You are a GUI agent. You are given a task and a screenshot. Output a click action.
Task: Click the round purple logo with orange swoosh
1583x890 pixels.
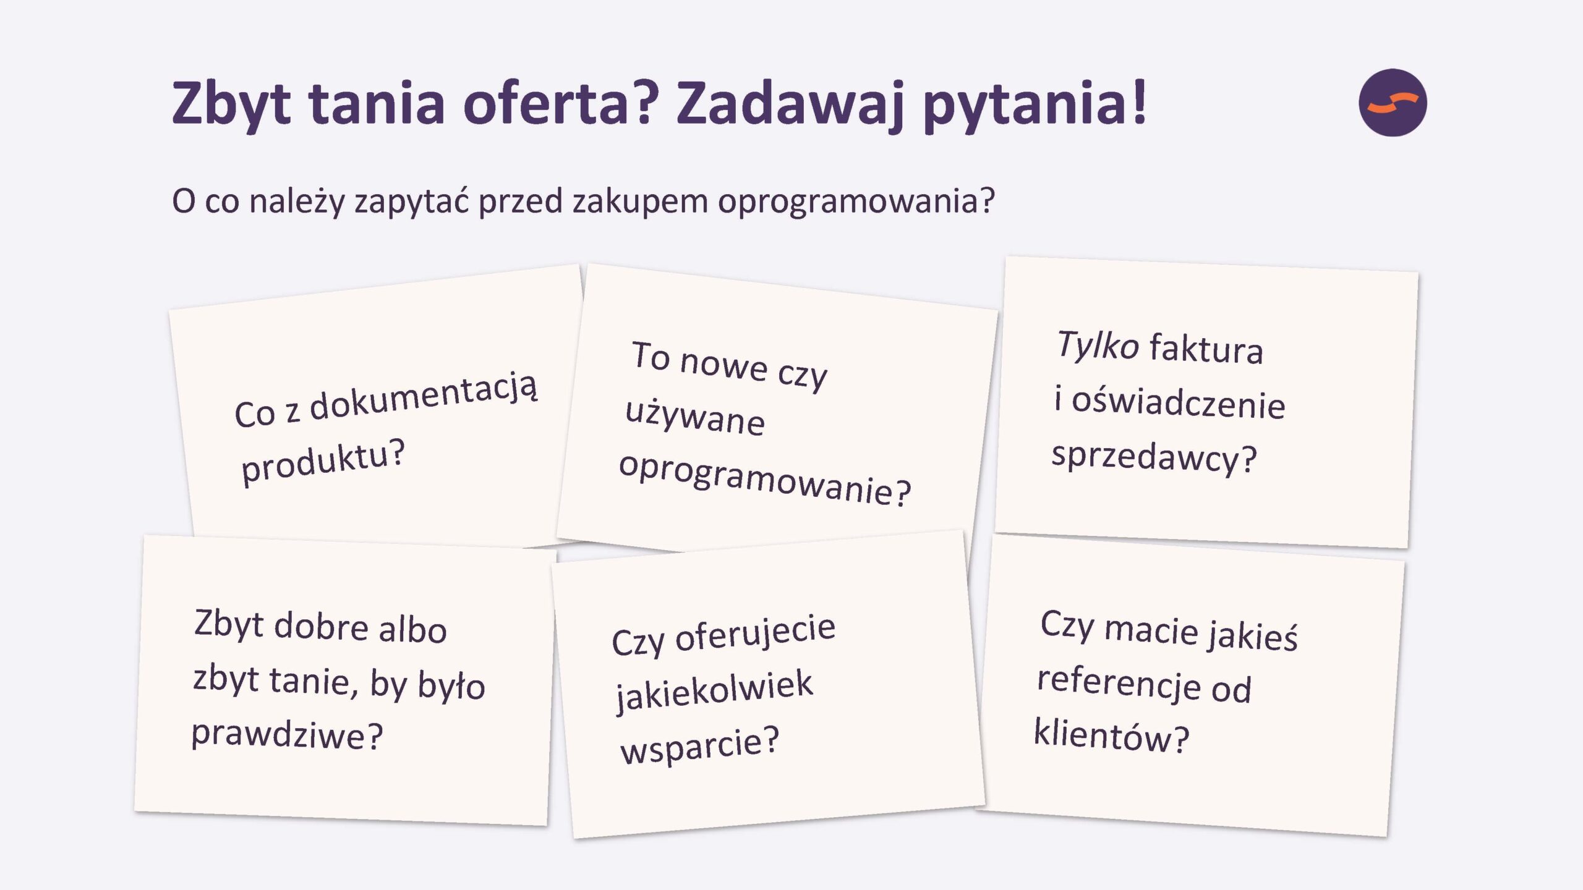(1393, 103)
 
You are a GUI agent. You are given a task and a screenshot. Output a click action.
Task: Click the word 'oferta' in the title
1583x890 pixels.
(558, 103)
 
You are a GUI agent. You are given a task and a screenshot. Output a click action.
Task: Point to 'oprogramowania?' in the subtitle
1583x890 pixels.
(856, 202)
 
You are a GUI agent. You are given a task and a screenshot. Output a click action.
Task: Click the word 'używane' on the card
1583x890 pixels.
(695, 419)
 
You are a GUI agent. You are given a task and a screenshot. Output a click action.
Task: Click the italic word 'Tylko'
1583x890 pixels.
(1098, 345)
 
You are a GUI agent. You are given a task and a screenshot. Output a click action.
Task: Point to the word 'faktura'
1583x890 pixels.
(1206, 348)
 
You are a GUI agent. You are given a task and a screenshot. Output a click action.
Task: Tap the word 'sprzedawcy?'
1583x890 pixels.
(1154, 457)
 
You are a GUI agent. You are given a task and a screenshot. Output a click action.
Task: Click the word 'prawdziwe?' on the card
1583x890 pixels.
(288, 735)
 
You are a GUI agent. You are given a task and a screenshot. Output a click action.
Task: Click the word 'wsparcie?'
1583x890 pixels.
(700, 745)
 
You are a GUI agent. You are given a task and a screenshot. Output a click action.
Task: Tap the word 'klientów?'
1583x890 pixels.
(1112, 735)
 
